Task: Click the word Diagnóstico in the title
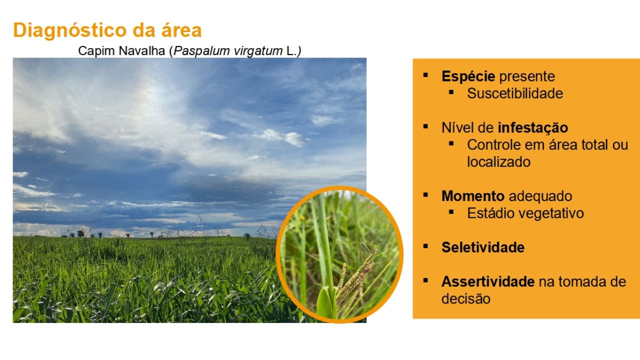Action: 70,30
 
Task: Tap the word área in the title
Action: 181,29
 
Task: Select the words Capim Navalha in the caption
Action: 121,51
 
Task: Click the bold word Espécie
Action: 468,76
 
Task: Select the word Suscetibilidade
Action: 515,93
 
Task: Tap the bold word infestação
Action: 533,127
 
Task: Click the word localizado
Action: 499,162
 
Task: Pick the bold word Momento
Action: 473,196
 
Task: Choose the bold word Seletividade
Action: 483,247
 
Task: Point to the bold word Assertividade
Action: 488,281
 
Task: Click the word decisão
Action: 466,299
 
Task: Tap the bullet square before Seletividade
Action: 425,246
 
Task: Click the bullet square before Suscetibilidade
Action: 451,92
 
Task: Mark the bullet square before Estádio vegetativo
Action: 451,212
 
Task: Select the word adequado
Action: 540,196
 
